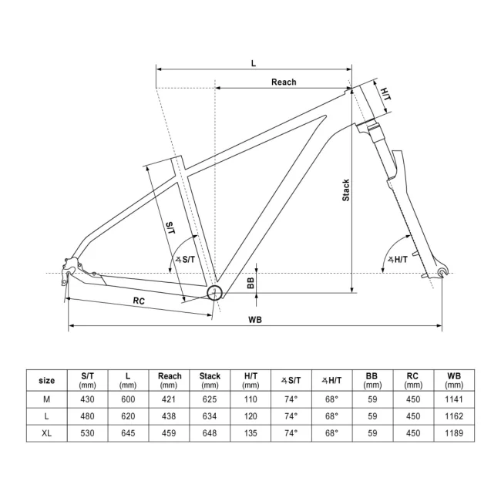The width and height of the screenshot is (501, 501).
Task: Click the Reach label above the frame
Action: [283, 82]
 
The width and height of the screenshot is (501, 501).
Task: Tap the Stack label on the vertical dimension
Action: [346, 190]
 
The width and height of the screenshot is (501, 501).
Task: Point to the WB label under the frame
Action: [255, 320]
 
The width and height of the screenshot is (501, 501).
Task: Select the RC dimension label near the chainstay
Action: [139, 301]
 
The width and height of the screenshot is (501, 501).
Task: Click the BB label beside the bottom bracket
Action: [250, 283]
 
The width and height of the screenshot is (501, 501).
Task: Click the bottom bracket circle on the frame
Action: [214, 292]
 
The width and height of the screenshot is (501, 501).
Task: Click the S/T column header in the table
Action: [87, 379]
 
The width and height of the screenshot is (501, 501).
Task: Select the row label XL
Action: [46, 432]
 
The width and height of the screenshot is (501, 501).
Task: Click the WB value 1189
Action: [453, 432]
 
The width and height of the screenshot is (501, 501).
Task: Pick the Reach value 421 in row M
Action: [170, 398]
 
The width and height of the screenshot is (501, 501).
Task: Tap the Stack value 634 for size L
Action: [210, 415]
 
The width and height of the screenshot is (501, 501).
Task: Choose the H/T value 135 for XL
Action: [250, 432]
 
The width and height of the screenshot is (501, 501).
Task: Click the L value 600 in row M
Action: [128, 398]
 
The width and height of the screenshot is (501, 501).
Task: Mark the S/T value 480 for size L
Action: [87, 415]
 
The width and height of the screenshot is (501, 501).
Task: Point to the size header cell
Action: [46, 379]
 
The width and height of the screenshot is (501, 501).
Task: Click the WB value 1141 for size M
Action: [453, 398]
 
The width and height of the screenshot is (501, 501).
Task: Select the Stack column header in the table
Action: [210, 379]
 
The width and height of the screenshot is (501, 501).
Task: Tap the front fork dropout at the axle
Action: [442, 272]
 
